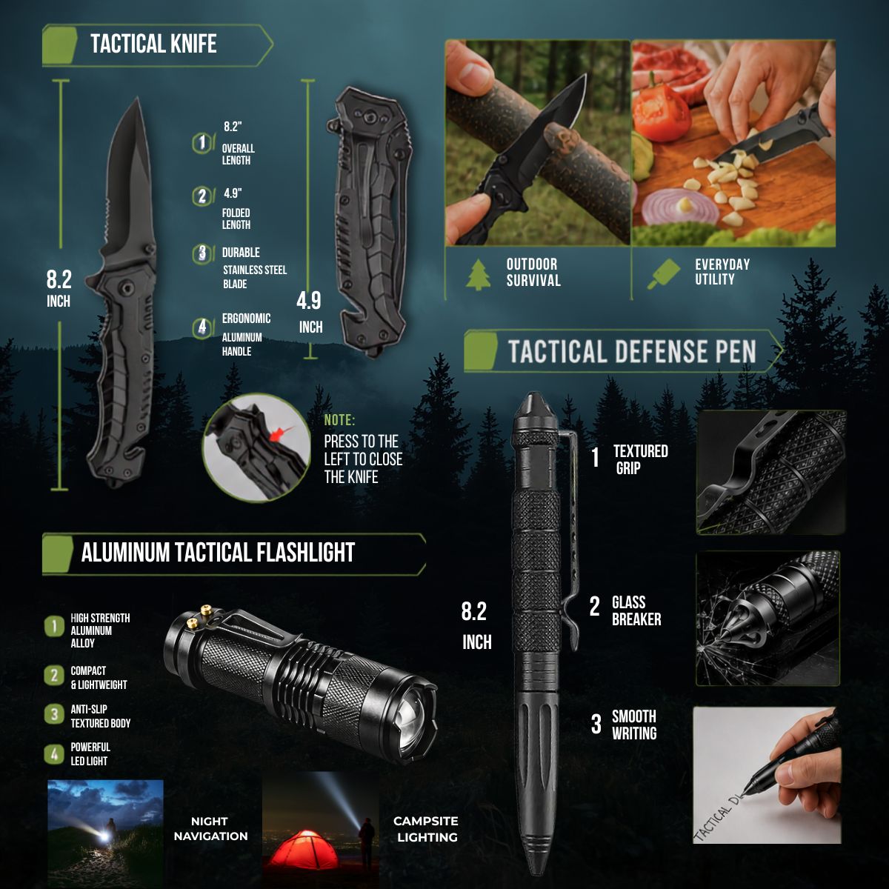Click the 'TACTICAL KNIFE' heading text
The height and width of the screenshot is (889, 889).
[153, 44]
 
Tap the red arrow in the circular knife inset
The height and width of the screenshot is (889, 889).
[279, 433]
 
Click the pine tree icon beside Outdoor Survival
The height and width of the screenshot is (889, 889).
[479, 275]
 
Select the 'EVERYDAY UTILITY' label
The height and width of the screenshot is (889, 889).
[722, 272]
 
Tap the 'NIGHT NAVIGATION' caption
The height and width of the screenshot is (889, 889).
[211, 828]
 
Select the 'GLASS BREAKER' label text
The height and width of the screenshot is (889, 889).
[636, 610]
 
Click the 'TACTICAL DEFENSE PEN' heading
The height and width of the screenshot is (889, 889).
[632, 351]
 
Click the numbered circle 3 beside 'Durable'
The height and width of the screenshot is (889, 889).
[202, 253]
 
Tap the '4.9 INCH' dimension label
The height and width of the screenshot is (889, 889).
[310, 313]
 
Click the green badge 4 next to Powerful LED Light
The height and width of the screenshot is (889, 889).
[54, 754]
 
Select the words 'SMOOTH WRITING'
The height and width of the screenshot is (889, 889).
[634, 725]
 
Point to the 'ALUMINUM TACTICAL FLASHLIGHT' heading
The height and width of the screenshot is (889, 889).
[218, 552]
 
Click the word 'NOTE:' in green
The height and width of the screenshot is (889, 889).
[339, 420]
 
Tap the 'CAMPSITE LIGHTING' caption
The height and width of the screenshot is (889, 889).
[426, 829]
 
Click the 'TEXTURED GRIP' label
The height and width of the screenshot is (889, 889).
[640, 460]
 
